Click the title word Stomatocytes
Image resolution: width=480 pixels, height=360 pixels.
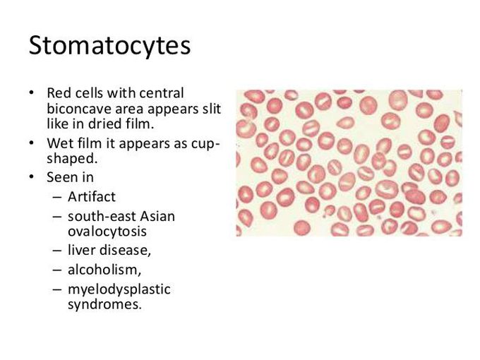point(109,46)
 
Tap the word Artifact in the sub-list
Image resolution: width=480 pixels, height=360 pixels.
point(92,196)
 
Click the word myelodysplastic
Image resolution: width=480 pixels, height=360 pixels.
point(119,289)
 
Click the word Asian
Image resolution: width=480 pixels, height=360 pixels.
point(155,215)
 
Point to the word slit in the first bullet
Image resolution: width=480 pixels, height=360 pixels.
point(207,109)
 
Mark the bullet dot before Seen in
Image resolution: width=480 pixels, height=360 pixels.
point(31,177)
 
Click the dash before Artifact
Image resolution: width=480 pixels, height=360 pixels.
point(56,197)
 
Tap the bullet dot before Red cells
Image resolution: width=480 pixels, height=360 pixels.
point(31,93)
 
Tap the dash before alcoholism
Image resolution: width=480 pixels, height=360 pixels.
point(56,270)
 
